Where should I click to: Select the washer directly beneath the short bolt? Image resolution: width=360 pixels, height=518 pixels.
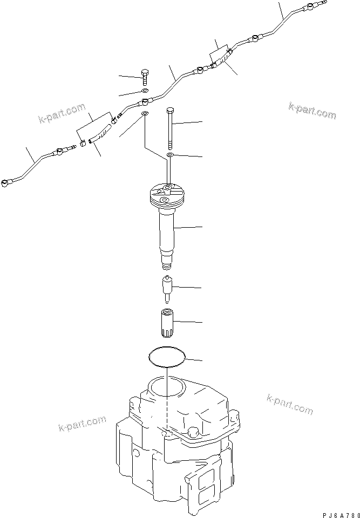(x=144, y=91)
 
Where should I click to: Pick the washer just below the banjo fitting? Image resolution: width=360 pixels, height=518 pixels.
(x=145, y=114)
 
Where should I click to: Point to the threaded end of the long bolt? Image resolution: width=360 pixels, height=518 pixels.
(x=171, y=144)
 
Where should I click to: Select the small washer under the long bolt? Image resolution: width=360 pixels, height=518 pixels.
(x=170, y=155)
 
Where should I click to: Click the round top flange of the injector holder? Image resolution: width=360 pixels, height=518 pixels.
(x=167, y=194)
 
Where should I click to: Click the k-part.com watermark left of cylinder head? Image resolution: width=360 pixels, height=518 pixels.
(x=82, y=424)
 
